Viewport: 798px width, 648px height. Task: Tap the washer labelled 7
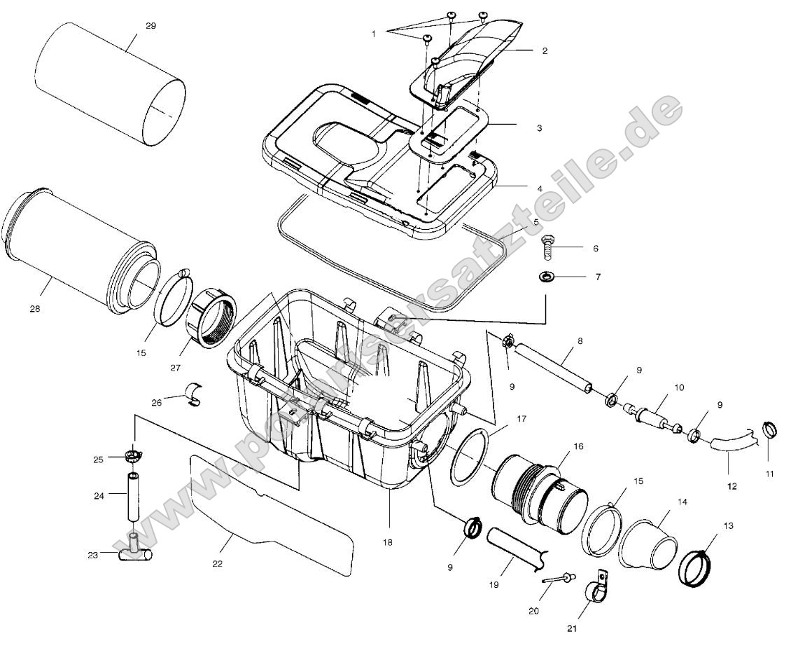(546, 277)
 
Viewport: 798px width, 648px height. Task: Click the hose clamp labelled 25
(132, 457)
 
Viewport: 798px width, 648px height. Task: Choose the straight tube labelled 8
(553, 364)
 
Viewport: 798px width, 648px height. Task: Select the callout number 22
(217, 563)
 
